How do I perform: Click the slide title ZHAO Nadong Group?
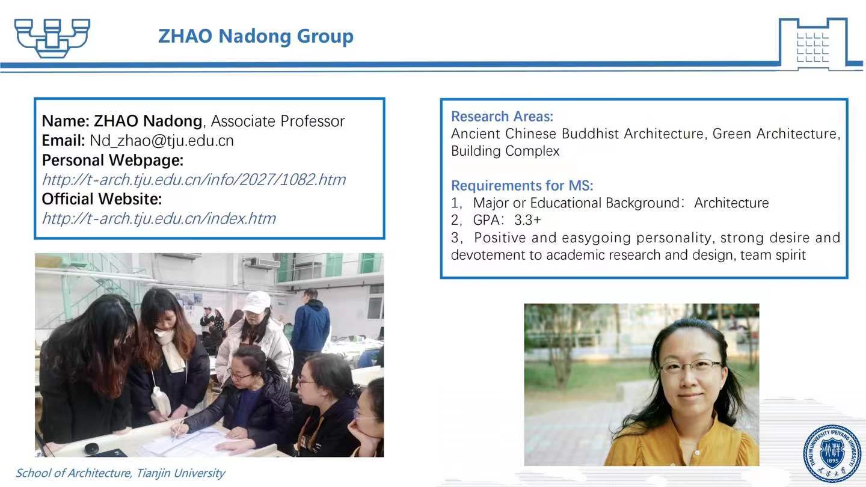[x=256, y=37]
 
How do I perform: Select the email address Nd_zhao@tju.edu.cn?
[x=162, y=141]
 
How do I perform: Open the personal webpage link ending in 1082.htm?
[x=194, y=180]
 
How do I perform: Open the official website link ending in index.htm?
[x=159, y=219]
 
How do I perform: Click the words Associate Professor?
[x=278, y=121]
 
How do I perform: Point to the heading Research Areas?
[x=502, y=117]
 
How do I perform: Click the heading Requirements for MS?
[x=522, y=186]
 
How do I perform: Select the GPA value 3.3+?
[x=528, y=220]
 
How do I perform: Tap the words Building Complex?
[x=505, y=151]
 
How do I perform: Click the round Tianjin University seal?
[x=832, y=454]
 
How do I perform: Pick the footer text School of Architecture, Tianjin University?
[x=120, y=473]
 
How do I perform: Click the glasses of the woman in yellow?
[x=690, y=366]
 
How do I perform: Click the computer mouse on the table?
[x=92, y=449]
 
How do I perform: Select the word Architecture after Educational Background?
[x=731, y=203]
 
